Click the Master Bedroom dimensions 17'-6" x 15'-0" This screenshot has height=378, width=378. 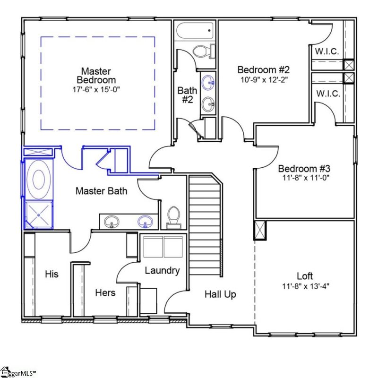tap(96, 89)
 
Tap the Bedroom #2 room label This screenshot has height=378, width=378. tap(263, 69)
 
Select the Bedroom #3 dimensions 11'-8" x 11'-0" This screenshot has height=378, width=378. tap(306, 178)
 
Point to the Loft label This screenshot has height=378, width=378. tap(305, 276)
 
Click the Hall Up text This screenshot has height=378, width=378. tap(220, 294)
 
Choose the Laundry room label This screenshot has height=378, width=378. tap(162, 271)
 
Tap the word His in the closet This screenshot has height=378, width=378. tap(52, 274)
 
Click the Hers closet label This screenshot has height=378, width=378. tap(105, 292)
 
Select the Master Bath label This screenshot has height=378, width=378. tap(101, 191)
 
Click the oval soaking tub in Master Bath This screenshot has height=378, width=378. tap(38, 180)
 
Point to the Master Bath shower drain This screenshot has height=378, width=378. tap(39, 215)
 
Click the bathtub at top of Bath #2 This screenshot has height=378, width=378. tap(195, 31)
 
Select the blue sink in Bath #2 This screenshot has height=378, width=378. tap(208, 82)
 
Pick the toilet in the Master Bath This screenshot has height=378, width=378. tap(174, 217)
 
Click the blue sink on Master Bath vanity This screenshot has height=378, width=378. tap(145, 222)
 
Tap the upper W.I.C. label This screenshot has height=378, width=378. tap(327, 51)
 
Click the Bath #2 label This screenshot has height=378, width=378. tap(187, 95)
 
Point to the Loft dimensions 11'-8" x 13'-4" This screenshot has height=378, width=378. tap(306, 286)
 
